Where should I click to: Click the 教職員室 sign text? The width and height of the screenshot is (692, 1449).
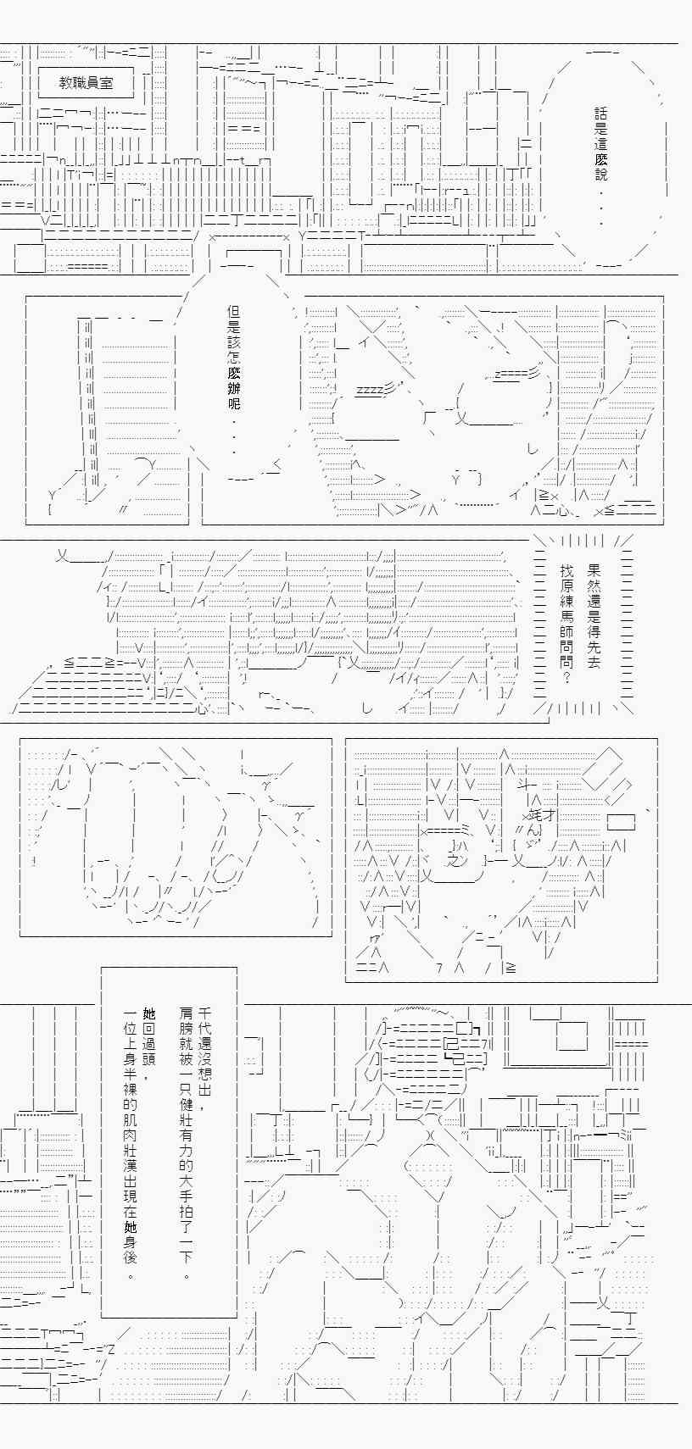[x=86, y=83]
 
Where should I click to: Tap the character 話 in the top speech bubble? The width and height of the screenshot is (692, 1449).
[x=601, y=114]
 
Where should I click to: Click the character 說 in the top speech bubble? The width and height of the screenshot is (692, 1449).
[x=601, y=174]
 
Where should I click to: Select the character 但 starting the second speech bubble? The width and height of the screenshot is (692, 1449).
[x=234, y=311]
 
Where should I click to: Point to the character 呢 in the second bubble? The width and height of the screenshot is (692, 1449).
[x=234, y=402]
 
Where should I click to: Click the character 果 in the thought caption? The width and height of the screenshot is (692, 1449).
[x=594, y=570]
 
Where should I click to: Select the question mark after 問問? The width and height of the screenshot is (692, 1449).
[x=566, y=677]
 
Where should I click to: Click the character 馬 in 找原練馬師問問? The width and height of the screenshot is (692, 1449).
[x=566, y=616]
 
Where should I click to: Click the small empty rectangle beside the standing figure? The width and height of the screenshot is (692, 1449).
[x=621, y=822]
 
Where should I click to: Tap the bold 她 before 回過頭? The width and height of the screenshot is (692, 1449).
[x=149, y=1013]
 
